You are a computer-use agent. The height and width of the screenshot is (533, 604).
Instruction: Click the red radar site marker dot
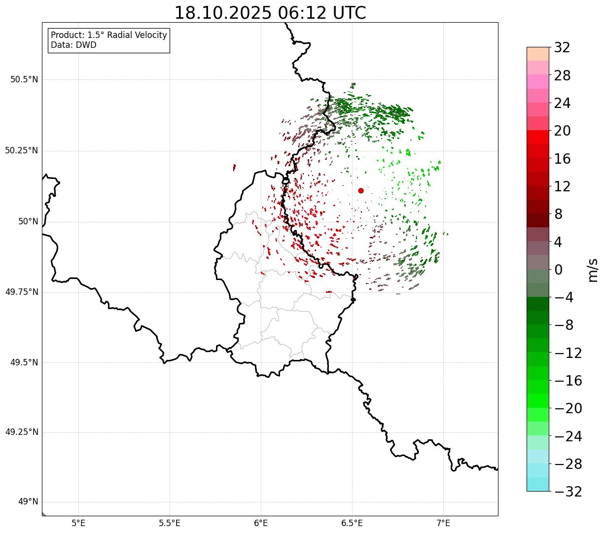(361, 190)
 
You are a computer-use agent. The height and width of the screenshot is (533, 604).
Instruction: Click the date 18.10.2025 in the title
(223, 13)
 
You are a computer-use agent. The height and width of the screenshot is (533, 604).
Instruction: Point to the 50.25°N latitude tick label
(21, 150)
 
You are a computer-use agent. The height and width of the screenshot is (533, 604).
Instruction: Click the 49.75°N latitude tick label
(21, 292)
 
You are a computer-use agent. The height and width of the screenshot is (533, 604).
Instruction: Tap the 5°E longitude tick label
(78, 523)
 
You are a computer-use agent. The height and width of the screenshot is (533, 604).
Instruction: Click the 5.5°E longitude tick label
(170, 523)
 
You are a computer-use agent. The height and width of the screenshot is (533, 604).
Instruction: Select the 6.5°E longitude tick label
(352, 523)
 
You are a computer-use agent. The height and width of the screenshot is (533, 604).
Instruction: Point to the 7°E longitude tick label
(443, 523)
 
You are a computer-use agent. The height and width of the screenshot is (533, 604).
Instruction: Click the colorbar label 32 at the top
(562, 48)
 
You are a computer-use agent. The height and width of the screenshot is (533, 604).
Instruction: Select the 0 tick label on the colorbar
(559, 270)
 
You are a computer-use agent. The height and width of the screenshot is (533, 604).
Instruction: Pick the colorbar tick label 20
(562, 131)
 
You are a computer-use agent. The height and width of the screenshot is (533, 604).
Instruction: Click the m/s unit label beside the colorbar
(593, 270)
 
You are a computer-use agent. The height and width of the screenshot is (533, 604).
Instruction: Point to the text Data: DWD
(73, 45)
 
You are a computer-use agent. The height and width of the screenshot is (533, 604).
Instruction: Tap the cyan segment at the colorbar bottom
(537, 484)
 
